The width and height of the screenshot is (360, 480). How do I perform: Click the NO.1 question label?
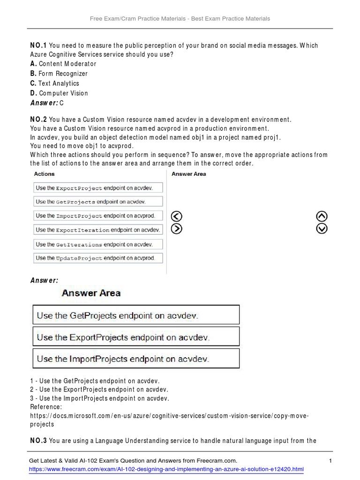click(38, 45)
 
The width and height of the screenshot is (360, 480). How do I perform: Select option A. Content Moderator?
click(63, 64)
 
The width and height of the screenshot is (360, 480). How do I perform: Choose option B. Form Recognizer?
click(59, 74)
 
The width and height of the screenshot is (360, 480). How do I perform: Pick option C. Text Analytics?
click(55, 83)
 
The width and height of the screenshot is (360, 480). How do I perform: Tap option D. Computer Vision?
click(59, 93)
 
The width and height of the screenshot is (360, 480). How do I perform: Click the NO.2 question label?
click(38, 120)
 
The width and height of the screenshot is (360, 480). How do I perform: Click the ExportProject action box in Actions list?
click(98, 188)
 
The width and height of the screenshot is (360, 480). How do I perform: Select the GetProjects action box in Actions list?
click(98, 202)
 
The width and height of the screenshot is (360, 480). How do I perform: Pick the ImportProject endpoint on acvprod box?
click(98, 216)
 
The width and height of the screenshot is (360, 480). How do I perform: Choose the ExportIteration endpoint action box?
click(98, 230)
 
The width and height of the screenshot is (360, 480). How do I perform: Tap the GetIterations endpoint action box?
click(98, 244)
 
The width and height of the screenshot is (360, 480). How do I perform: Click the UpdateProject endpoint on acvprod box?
click(98, 258)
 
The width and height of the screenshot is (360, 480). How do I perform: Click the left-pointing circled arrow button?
click(177, 216)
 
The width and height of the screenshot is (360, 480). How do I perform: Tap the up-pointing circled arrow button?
click(322, 216)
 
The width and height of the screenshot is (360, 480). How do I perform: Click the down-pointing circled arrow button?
click(322, 229)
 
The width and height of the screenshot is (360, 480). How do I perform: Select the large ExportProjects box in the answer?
click(136, 337)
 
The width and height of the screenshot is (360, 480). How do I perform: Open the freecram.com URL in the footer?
click(166, 469)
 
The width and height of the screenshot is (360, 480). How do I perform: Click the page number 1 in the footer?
click(330, 461)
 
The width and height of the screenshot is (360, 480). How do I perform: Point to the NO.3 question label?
click(38, 441)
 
